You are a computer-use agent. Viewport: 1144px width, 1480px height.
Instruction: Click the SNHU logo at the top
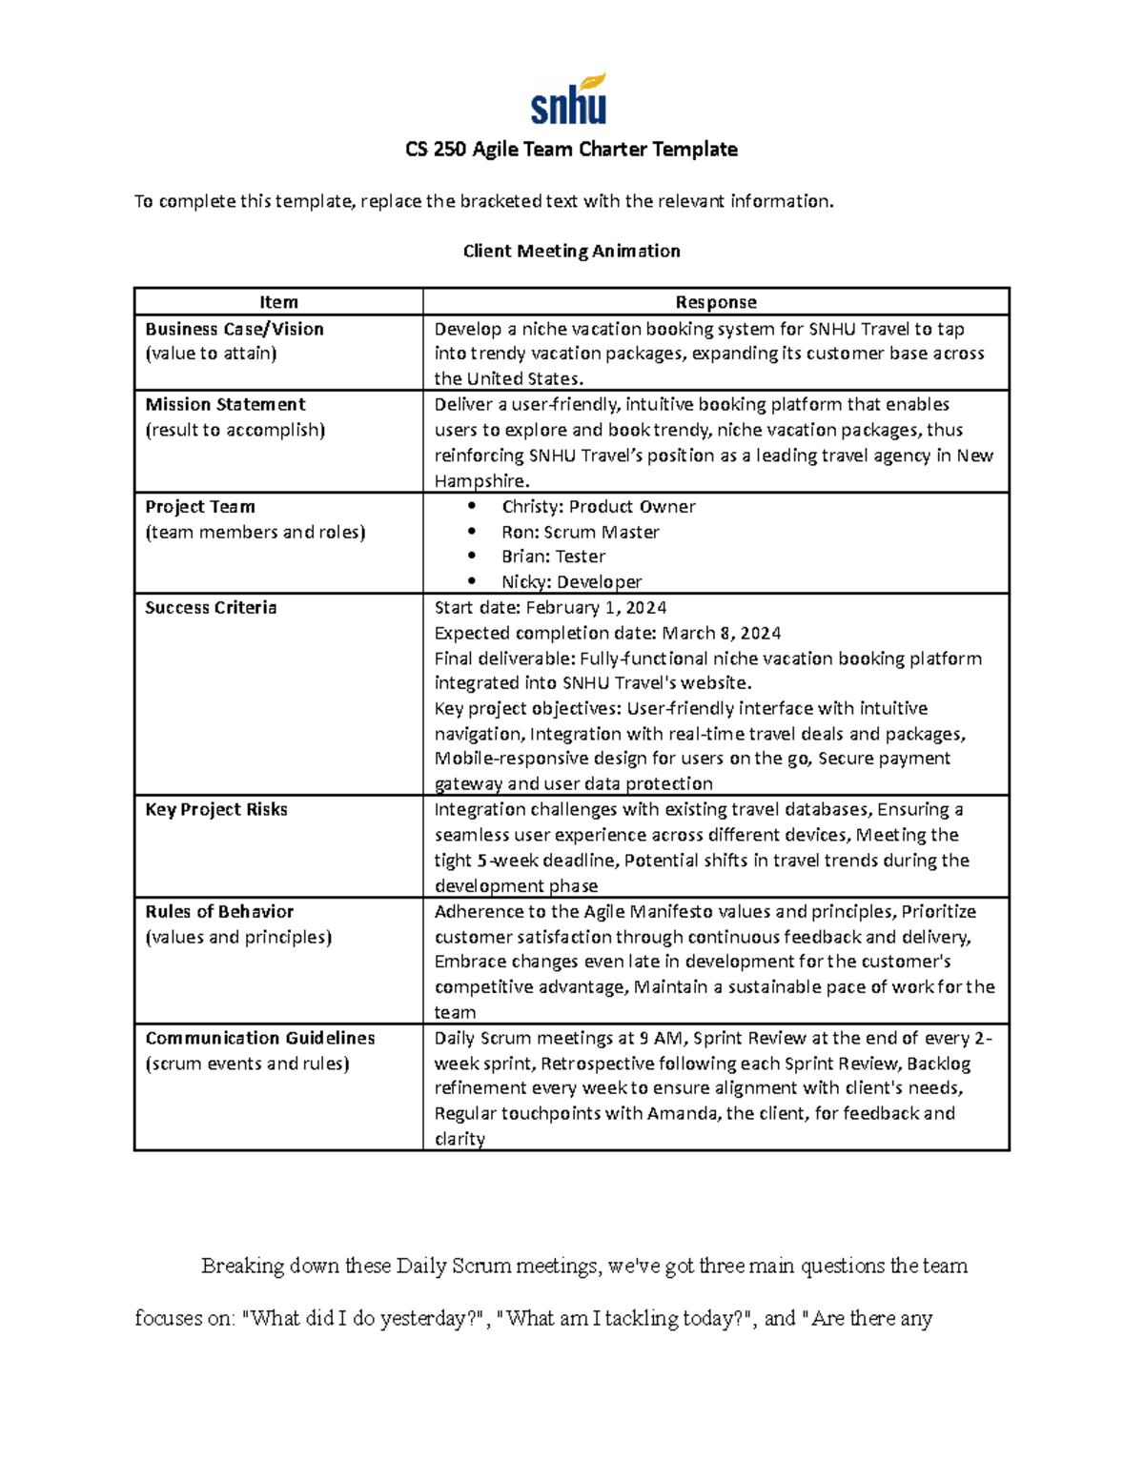coord(569,100)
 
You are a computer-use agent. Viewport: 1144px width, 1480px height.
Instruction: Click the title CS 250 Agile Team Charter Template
coord(571,150)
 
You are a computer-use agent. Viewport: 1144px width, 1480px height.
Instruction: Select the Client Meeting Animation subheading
coord(571,251)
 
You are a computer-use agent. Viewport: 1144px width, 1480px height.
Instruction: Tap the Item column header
coord(278,302)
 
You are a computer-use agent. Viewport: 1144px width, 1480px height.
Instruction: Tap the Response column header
coord(715,302)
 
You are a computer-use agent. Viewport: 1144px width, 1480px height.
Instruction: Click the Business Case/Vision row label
coord(235,329)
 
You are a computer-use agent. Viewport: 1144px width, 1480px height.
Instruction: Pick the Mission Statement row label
coord(225,404)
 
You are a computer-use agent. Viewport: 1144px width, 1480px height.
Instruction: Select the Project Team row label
coord(200,507)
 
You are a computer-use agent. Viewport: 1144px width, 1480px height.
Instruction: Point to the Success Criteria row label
coord(211,608)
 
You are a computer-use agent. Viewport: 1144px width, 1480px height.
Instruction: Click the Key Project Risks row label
coord(216,809)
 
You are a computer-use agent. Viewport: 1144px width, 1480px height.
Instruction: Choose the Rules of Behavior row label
coord(219,911)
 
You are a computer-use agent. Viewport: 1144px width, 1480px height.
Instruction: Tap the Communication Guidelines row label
coord(260,1038)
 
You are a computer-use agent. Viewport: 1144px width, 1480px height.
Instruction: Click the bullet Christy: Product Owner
coord(598,507)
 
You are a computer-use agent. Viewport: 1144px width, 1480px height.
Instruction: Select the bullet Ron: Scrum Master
coord(580,532)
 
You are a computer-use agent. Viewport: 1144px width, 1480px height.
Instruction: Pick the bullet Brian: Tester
coord(553,557)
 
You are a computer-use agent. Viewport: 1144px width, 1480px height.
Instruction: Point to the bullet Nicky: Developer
coord(571,581)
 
